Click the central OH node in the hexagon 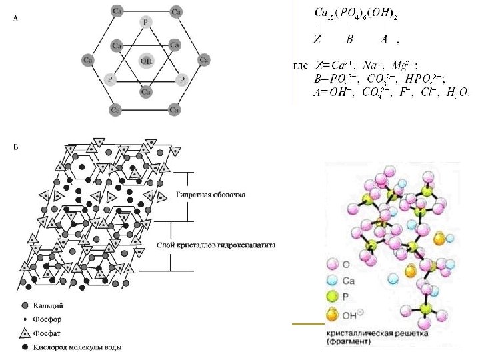point(146,61)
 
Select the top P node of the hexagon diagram point(146,22)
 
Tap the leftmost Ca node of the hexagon point(87,60)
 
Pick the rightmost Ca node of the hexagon point(205,60)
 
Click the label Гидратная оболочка point(211,195)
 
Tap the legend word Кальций point(53,305)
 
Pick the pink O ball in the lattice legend point(333,266)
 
